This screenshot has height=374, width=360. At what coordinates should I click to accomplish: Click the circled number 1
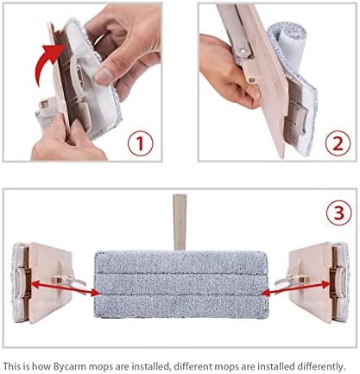[x=141, y=143]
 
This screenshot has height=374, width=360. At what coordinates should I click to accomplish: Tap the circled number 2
[x=338, y=143]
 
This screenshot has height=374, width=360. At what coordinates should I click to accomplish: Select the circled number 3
[x=339, y=213]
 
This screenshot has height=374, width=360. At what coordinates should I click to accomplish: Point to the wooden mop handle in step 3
[x=180, y=222]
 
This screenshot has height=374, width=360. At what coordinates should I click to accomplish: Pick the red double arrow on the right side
[x=296, y=288]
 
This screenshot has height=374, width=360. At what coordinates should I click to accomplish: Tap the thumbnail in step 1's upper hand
[x=104, y=75]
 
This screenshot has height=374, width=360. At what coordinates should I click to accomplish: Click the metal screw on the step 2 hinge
[x=243, y=51]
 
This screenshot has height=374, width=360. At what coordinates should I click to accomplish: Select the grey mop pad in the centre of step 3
[x=181, y=284]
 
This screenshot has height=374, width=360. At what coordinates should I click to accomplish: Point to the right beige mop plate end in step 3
[x=318, y=282]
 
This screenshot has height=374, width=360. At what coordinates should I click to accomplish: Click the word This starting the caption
[x=12, y=366]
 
